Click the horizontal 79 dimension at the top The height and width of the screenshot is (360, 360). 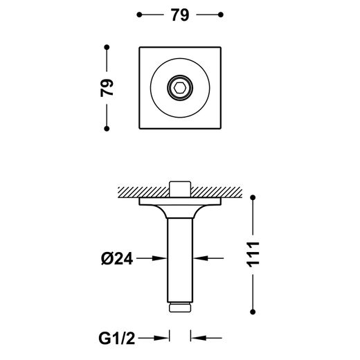(x=180, y=15)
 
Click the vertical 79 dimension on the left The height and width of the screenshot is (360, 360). (x=107, y=88)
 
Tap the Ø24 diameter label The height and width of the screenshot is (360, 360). (x=117, y=258)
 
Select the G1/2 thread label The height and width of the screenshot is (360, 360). (x=116, y=339)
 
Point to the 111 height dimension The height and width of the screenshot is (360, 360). (x=253, y=255)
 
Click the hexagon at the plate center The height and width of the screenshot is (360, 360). (x=180, y=88)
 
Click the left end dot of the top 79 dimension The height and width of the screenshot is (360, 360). (x=139, y=15)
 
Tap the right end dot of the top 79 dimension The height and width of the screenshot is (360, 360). (x=221, y=15)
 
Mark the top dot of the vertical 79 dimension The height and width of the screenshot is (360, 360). (x=107, y=47)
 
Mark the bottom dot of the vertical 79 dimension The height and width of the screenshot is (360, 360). (x=107, y=129)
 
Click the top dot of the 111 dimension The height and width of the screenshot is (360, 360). (x=253, y=197)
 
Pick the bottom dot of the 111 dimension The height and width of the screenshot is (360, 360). (x=253, y=312)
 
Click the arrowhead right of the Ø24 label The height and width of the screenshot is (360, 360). (x=160, y=258)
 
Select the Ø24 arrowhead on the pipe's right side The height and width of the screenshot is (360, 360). (x=200, y=258)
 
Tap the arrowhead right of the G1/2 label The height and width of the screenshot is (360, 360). (x=161, y=338)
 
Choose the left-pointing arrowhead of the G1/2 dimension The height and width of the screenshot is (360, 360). (x=198, y=338)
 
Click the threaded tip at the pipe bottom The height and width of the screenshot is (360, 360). (x=180, y=307)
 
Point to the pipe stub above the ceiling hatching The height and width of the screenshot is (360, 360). (x=180, y=189)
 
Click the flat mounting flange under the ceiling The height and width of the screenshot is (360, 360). (x=180, y=201)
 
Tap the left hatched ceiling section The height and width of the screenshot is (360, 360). (x=143, y=192)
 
